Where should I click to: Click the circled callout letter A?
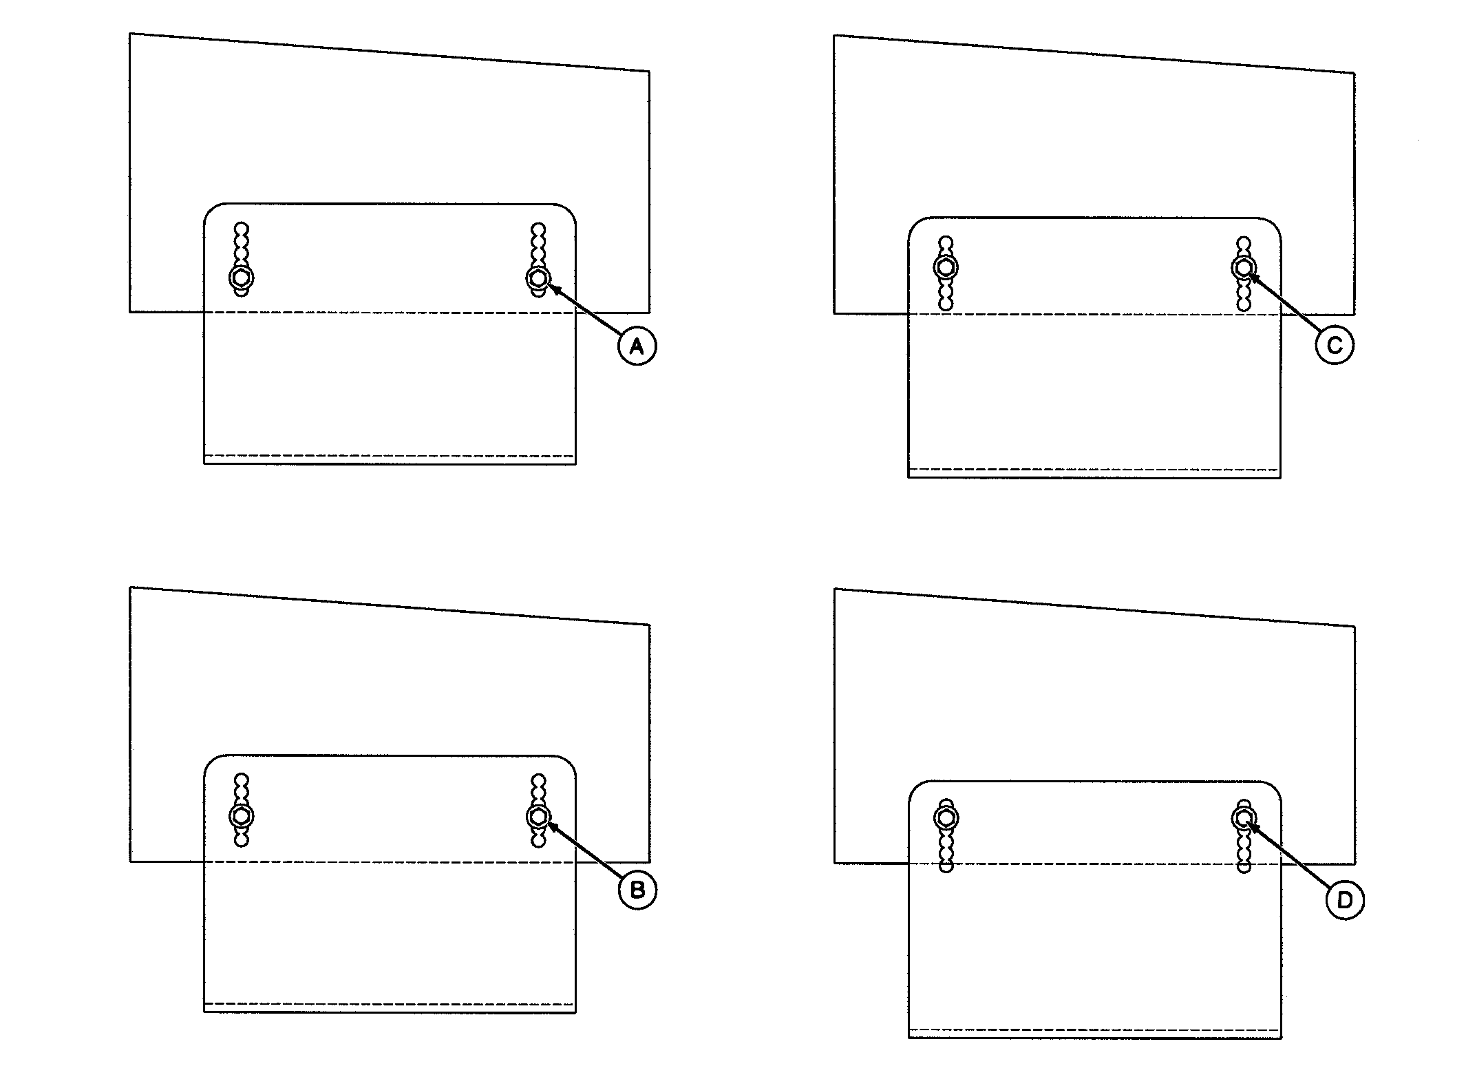tap(637, 347)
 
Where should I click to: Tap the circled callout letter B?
tap(637, 890)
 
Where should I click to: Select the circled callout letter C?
tap(1335, 345)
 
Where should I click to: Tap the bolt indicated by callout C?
tap(1244, 266)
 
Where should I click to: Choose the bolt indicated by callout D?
tap(1244, 818)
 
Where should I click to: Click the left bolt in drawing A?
tap(241, 278)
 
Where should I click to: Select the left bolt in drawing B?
tap(241, 816)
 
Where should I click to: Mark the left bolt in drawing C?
tap(946, 266)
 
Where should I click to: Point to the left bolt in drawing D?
tap(946, 817)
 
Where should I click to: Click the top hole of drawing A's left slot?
tap(241, 229)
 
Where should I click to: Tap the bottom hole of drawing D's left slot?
tap(946, 866)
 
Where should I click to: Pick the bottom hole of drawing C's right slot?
tap(1244, 303)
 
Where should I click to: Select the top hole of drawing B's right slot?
tap(539, 780)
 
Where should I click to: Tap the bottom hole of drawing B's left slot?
tap(241, 840)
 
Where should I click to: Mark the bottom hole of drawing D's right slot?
tap(1244, 866)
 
